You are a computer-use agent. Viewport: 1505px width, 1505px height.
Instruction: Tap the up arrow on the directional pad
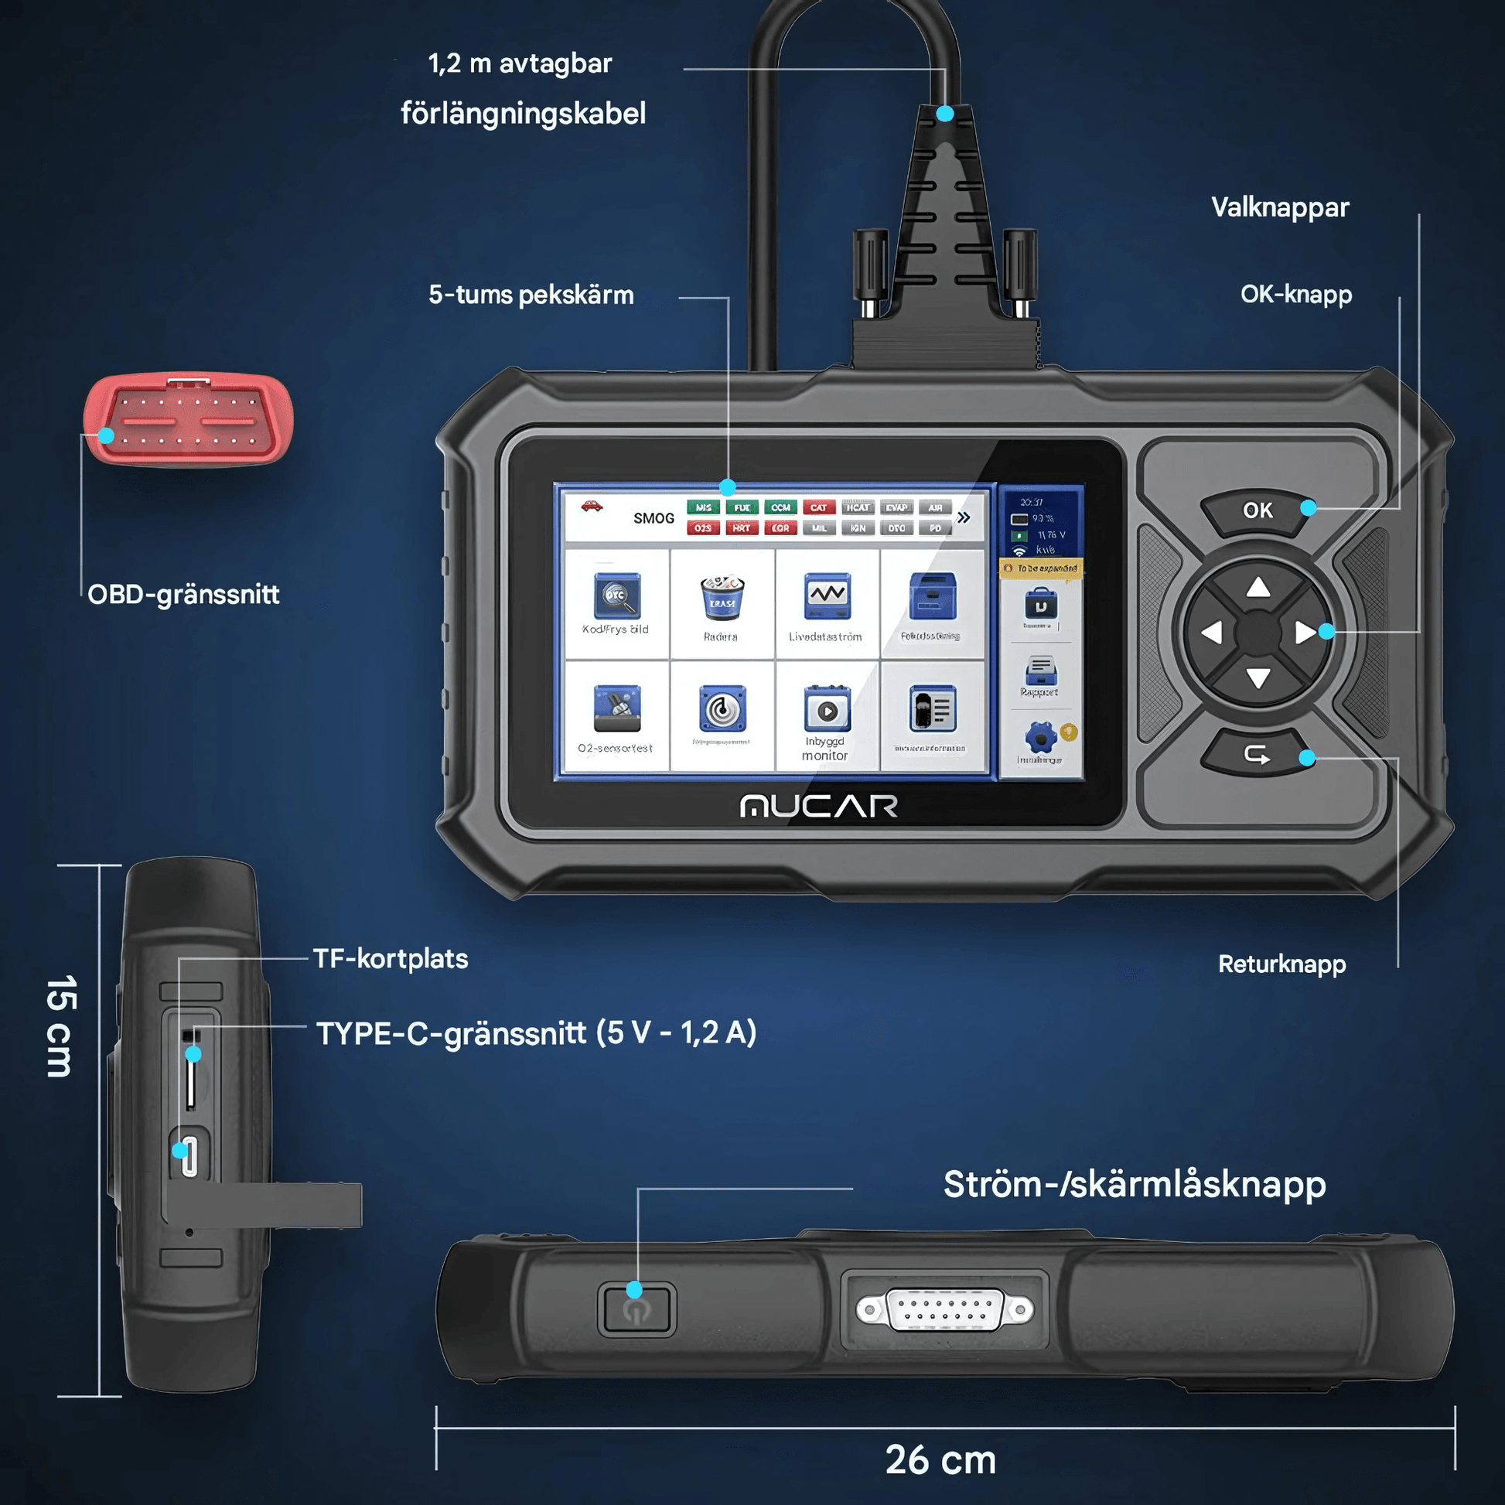click(1258, 587)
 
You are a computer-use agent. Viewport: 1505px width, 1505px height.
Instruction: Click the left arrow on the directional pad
click(1212, 633)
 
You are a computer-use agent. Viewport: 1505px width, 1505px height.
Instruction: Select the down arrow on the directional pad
click(1258, 678)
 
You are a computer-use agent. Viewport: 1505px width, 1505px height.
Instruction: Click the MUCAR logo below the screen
click(819, 806)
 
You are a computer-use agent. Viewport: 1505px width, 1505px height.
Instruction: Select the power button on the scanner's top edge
click(636, 1310)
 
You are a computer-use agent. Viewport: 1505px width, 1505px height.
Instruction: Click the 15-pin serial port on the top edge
click(944, 1310)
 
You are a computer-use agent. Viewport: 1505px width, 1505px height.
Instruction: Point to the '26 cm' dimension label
click(940, 1461)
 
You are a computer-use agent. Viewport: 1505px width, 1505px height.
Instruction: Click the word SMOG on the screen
click(654, 519)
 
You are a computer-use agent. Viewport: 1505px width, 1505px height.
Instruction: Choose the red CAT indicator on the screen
click(818, 508)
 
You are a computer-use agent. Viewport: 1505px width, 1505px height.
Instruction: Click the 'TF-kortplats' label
click(391, 959)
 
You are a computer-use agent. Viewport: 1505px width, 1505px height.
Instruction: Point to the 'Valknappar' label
click(1280, 208)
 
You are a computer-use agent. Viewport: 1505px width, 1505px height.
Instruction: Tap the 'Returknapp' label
click(1281, 964)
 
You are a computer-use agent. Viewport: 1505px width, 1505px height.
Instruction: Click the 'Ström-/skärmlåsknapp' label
click(1135, 1185)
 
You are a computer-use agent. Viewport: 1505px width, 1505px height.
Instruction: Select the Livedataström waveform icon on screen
click(827, 596)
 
